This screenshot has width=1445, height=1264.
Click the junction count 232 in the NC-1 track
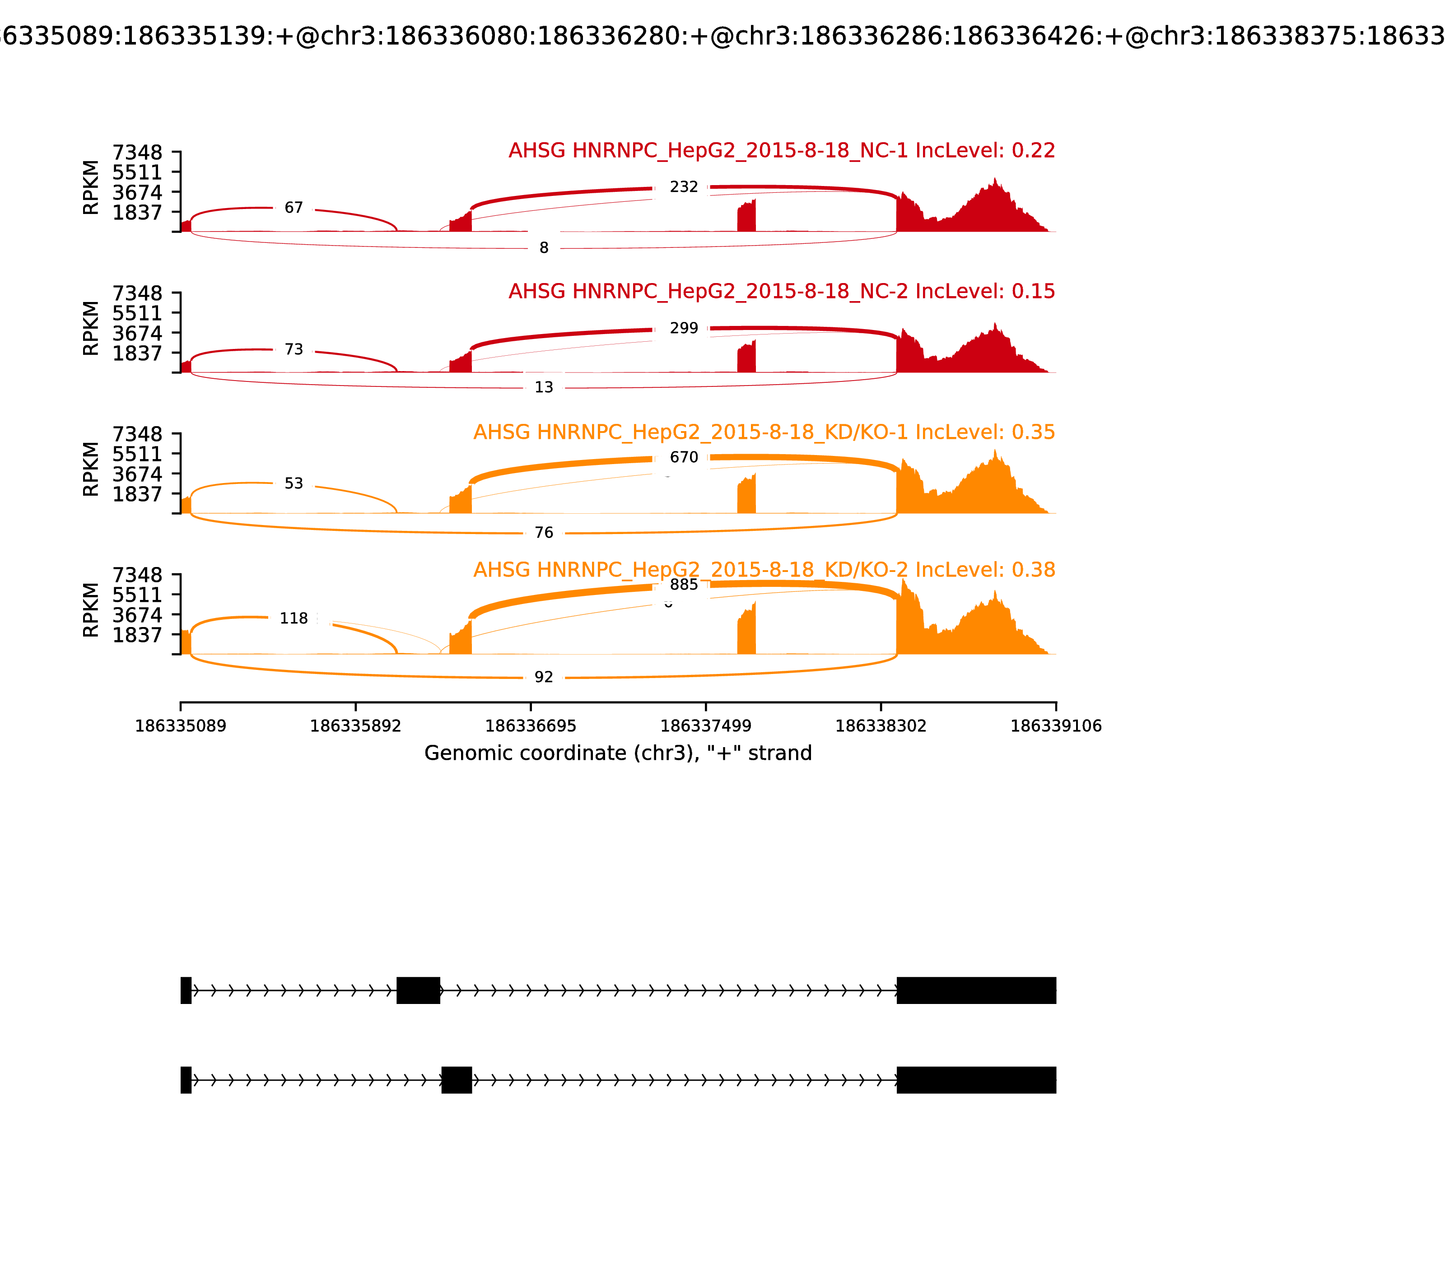(x=684, y=187)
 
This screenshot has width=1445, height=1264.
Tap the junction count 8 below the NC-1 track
(x=543, y=247)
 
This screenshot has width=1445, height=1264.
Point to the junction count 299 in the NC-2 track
(x=684, y=328)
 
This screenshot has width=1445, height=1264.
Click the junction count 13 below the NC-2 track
(x=543, y=387)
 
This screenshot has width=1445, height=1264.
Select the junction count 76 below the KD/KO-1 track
(x=543, y=533)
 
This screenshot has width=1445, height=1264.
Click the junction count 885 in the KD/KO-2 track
(x=684, y=585)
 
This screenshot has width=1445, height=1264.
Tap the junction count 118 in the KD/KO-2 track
(x=294, y=618)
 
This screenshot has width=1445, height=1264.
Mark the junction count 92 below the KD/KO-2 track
(x=543, y=677)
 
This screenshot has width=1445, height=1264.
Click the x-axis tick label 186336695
(x=531, y=726)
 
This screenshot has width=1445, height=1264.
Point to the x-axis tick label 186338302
(x=881, y=726)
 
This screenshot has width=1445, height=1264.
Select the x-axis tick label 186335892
(x=356, y=726)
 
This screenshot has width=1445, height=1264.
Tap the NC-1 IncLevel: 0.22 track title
(x=781, y=150)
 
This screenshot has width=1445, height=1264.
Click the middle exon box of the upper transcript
(x=419, y=990)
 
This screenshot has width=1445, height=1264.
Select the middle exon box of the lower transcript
(x=457, y=1080)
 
